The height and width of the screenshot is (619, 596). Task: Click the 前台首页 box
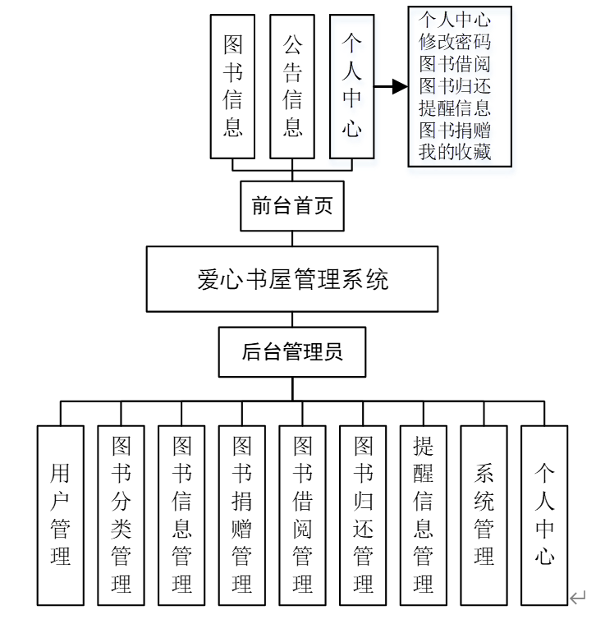click(292, 206)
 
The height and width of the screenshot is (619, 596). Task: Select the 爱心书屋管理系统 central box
click(292, 279)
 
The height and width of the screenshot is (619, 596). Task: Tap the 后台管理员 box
click(292, 352)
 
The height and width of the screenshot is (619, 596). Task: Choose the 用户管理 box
click(61, 516)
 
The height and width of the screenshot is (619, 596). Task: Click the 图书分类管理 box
click(121, 516)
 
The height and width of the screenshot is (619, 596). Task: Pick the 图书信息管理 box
click(181, 516)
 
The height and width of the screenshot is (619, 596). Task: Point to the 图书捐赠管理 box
click(242, 516)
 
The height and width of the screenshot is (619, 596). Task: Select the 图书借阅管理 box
click(303, 516)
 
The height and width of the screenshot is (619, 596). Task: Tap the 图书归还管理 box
click(363, 516)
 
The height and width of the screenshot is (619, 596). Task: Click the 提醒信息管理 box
click(424, 516)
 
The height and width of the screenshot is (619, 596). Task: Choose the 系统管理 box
click(484, 516)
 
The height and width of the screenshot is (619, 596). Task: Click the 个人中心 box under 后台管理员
click(544, 516)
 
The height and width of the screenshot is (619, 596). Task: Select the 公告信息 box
click(292, 86)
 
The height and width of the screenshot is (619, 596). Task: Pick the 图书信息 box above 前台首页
click(232, 86)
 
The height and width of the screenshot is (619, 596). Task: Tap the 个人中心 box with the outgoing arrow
click(352, 86)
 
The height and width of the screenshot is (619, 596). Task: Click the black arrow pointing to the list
click(392, 86)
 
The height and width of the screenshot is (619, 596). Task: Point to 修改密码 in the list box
click(455, 41)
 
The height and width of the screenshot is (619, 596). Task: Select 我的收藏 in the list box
click(455, 151)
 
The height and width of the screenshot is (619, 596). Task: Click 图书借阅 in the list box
click(455, 63)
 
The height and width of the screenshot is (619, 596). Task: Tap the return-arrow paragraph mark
click(578, 598)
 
